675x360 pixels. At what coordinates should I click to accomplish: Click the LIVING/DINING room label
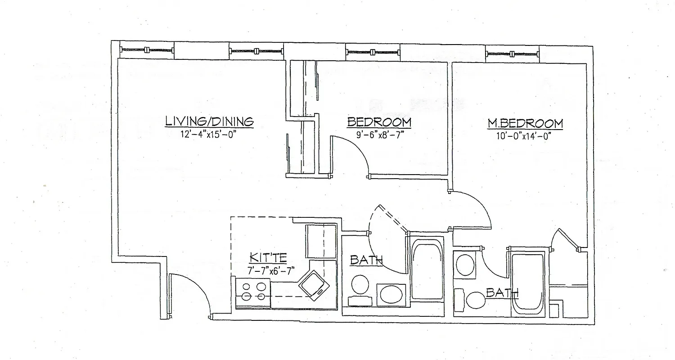pyautogui.click(x=209, y=121)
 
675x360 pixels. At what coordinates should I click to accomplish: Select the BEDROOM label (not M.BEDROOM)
pyautogui.click(x=379, y=122)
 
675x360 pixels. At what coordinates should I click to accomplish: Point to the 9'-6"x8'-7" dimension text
pyautogui.click(x=378, y=135)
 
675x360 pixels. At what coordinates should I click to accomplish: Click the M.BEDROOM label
pyautogui.click(x=525, y=123)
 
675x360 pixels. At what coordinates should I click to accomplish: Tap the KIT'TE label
pyautogui.click(x=268, y=258)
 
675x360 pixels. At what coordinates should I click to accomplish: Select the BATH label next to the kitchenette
pyautogui.click(x=366, y=260)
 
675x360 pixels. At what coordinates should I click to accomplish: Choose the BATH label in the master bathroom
pyautogui.click(x=502, y=293)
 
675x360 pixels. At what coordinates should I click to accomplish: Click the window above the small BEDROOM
pyautogui.click(x=372, y=52)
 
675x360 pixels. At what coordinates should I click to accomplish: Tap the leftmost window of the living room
pyautogui.click(x=146, y=50)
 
